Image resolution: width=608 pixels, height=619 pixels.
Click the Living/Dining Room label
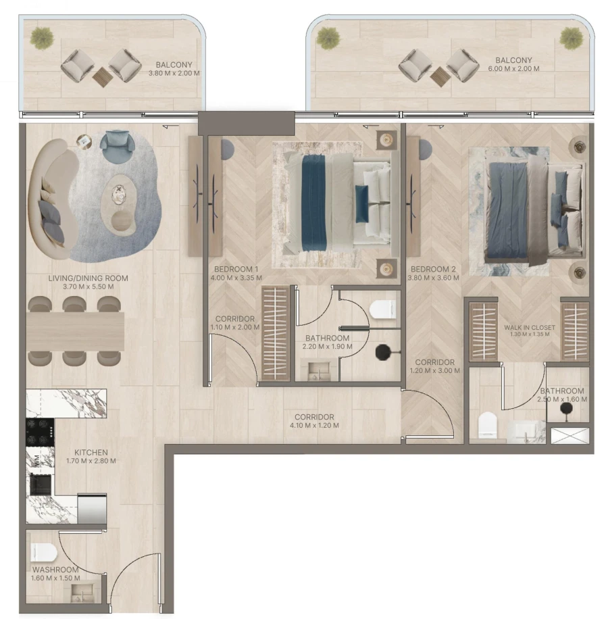(x=88, y=278)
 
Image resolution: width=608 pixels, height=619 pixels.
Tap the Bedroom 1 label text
(x=232, y=269)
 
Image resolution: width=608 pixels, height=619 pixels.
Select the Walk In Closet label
(x=530, y=328)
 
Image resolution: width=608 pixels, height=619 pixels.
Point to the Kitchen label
(x=91, y=453)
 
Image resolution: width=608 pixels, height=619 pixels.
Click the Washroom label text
(x=55, y=570)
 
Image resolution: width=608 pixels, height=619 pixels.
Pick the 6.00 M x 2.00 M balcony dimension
(x=513, y=69)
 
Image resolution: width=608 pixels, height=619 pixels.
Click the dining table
(x=75, y=331)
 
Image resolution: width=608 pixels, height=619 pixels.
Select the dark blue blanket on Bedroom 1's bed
(x=313, y=200)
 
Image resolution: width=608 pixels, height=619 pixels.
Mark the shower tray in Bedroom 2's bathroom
(x=569, y=435)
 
